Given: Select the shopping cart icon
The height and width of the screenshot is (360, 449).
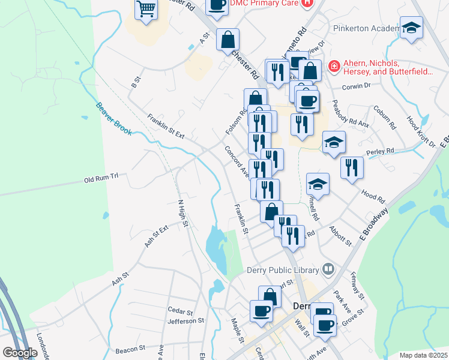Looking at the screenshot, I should tap(146, 10).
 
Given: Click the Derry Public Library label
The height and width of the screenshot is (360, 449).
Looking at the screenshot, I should tap(282, 269).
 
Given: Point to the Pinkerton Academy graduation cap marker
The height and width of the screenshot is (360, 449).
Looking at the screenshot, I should tap(411, 28).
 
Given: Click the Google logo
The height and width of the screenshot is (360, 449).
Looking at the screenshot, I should tap(20, 353).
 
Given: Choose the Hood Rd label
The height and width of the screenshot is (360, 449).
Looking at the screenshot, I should tap(373, 196).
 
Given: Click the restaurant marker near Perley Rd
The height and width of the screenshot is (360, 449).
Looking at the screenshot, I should tap(351, 168).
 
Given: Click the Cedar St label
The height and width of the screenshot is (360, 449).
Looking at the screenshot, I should tap(180, 312).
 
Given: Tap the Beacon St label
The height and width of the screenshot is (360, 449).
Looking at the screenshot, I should tap(130, 348).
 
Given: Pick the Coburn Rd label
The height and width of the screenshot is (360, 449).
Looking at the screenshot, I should tap(385, 118).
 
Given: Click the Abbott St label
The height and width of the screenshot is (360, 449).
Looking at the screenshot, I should tap(340, 235).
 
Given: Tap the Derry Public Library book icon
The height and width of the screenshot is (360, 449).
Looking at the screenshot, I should tap(328, 269).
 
